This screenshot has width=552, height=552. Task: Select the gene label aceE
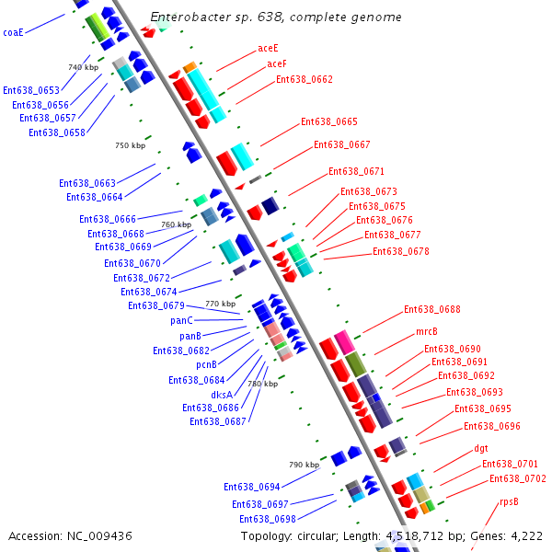269,47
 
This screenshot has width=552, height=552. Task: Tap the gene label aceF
277,63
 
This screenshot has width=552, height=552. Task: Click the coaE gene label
13,32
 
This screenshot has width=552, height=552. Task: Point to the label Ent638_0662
305,79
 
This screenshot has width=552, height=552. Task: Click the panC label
182,320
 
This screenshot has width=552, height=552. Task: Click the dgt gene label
481,449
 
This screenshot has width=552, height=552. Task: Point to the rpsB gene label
509,501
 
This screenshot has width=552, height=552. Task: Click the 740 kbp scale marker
83,67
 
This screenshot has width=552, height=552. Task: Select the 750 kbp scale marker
130,145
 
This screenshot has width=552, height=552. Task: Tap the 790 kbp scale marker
304,465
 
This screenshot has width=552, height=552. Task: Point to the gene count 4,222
525,535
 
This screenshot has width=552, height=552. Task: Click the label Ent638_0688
432,309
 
